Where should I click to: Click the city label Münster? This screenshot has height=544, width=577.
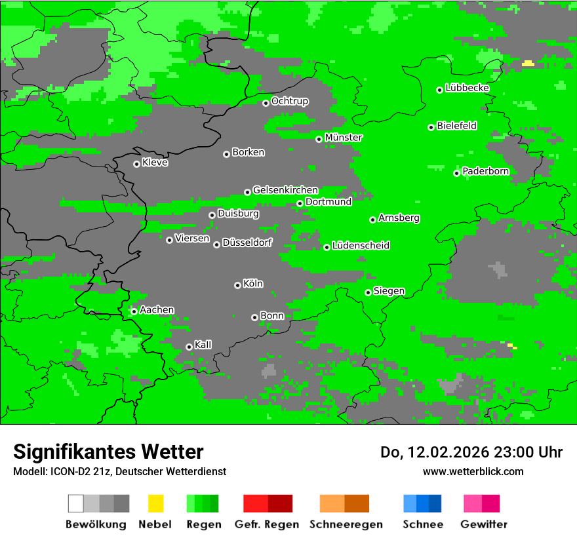tap(344, 138)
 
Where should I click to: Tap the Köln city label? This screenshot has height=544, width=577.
tap(253, 284)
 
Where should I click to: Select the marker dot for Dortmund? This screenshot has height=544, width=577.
tap(300, 203)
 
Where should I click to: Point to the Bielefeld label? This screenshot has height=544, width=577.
tap(457, 126)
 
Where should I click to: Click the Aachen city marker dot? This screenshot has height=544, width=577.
tap(134, 311)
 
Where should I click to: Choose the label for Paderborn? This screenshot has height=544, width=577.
tap(486, 172)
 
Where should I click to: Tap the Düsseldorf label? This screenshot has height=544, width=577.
tap(247, 243)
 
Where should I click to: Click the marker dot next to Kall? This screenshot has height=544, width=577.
tap(189, 347)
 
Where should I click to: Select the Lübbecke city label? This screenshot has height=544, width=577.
tap(468, 88)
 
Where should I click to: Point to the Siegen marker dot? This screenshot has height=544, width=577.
tap(368, 292)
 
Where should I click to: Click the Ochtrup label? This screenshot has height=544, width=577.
tap(290, 102)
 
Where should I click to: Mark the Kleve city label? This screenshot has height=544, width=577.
tap(155, 163)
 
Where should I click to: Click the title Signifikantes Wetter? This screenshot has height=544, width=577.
tap(108, 452)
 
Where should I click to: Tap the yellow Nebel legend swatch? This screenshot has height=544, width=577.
tap(155, 503)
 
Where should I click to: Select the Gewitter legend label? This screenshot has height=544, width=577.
tap(484, 524)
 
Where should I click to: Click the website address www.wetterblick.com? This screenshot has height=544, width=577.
tap(473, 472)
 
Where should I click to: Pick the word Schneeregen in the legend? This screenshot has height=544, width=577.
tap(346, 524)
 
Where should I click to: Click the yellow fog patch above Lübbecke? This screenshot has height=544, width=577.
tap(528, 64)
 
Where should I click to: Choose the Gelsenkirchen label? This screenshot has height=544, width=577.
tap(285, 190)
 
